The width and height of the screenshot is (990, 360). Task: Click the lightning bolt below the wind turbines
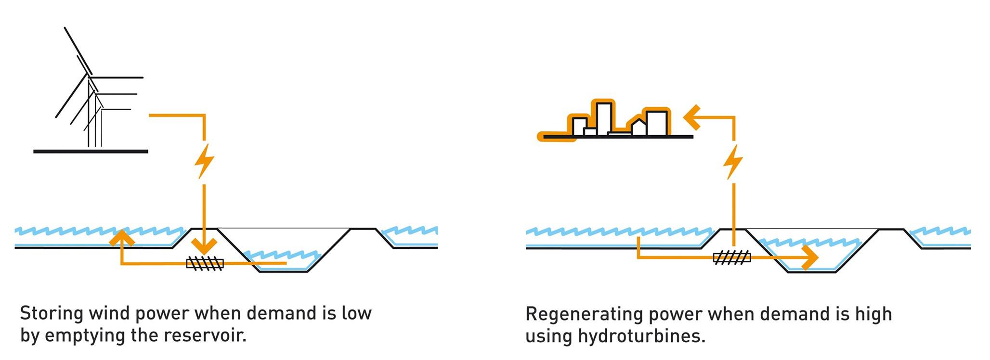tap(204, 161)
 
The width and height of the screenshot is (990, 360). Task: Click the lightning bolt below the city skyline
tap(732, 162)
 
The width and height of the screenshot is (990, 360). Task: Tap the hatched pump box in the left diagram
tap(205, 263)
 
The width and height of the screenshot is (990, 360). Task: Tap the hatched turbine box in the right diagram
tap(731, 257)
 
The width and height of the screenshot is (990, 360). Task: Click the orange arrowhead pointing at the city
tap(692, 117)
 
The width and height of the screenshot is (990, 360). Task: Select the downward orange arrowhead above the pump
tap(204, 245)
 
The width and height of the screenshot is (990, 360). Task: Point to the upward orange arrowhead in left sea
tap(121, 238)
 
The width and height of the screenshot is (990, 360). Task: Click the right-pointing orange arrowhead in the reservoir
tap(810, 257)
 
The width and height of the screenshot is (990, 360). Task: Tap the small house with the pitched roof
tap(638, 127)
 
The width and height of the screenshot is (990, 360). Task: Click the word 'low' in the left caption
tap(356, 313)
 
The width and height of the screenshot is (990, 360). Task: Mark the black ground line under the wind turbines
tap(91, 152)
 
